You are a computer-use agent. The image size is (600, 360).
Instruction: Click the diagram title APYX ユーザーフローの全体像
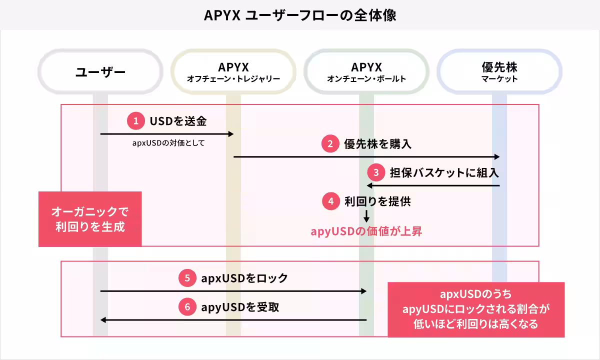(x=300, y=15)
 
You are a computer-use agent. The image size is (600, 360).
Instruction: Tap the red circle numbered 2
(x=330, y=144)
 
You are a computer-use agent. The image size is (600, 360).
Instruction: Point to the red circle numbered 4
(x=330, y=201)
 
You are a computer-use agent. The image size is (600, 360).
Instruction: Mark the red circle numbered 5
(x=187, y=278)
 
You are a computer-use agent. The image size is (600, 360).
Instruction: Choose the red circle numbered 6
(x=187, y=307)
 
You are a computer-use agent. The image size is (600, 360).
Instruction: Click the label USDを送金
(x=178, y=121)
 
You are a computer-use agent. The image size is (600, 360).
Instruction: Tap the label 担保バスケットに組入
(x=444, y=173)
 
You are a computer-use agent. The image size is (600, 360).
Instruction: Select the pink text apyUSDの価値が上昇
(x=366, y=231)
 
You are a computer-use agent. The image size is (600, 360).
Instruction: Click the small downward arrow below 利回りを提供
(x=366, y=216)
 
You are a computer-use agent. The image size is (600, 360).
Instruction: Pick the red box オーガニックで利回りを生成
(x=90, y=219)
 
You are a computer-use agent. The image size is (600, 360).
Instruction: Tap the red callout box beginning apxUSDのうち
(x=476, y=309)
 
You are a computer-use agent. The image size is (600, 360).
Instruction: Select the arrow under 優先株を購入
(x=366, y=156)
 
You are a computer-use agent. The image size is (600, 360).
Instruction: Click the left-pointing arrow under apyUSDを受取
(x=233, y=320)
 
